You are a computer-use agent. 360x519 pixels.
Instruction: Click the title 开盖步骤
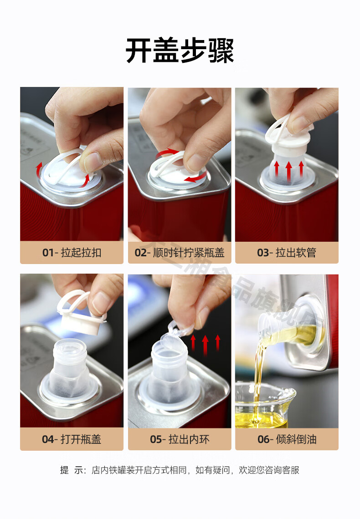coord(180,51)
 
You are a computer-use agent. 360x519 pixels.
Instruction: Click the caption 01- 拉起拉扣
coord(72,253)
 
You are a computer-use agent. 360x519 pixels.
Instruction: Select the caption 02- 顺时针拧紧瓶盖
coord(179,253)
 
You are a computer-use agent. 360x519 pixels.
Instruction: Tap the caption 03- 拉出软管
coord(287,253)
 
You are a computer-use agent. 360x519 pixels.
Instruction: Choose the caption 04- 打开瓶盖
coord(72,439)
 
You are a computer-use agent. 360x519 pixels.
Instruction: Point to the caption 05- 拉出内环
coord(179,439)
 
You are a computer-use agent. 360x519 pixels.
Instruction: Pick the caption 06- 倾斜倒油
coord(287,439)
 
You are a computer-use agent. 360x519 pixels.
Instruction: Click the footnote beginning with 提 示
coord(180,470)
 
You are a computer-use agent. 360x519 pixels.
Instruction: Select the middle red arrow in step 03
coord(288,171)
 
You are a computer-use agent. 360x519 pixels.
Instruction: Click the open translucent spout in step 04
coord(71,364)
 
